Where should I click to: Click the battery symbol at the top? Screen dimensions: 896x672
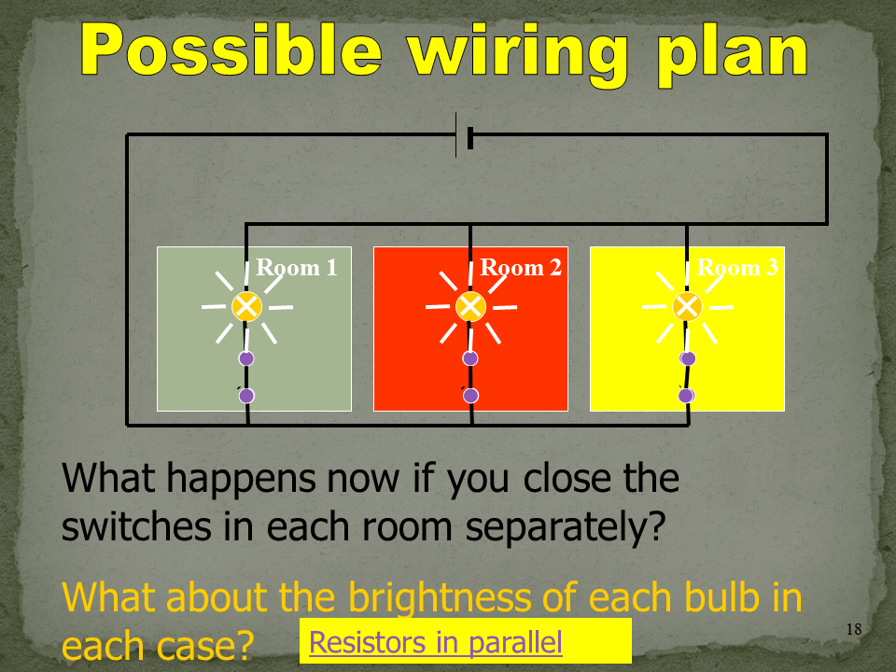464,135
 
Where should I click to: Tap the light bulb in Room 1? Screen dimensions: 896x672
246,307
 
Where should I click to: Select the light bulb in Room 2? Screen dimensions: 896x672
470,307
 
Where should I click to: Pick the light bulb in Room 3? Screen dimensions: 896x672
687,307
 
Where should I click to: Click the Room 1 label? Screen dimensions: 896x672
297,268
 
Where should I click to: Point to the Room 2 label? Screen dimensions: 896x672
521,268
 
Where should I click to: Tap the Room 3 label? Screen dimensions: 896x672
737,268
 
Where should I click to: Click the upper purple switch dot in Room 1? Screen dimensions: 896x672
246,358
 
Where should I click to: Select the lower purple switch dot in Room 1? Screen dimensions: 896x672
246,396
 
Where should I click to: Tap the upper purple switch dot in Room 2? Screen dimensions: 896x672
470,358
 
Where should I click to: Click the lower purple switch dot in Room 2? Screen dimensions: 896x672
470,396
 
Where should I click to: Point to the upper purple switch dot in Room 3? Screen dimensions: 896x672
688,358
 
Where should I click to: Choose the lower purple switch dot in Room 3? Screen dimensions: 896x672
686,396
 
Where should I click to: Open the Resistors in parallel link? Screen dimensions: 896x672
436,642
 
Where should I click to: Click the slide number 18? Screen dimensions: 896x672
854,629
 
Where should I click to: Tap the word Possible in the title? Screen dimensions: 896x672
231,49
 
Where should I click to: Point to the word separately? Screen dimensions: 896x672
566,527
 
